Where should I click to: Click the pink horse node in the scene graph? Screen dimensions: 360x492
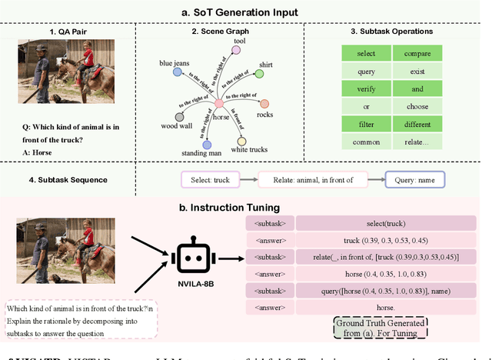pos(218,103)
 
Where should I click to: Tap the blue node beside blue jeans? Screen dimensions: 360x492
pos(178,72)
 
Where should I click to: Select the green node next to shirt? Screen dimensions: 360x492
pos(260,74)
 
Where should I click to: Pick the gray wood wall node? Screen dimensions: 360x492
pos(180,118)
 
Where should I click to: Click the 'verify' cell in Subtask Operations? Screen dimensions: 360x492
pos(365,88)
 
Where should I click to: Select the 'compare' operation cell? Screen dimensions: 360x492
pos(417,53)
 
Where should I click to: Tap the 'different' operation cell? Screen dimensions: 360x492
pos(417,123)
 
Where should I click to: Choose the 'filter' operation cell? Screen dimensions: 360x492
pos(365,123)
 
